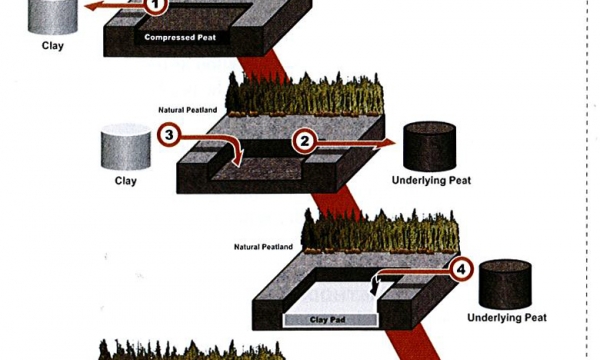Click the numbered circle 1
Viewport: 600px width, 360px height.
pyautogui.click(x=157, y=5)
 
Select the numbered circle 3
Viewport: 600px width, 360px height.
pyautogui.click(x=170, y=134)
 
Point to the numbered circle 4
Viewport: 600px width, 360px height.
pyautogui.click(x=460, y=268)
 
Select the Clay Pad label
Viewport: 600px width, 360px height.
pyautogui.click(x=330, y=321)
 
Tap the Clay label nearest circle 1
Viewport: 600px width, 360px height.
pyautogui.click(x=52, y=45)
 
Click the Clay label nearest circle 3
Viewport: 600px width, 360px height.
pyautogui.click(x=125, y=181)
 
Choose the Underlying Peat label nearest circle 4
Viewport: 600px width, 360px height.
pyautogui.click(x=507, y=318)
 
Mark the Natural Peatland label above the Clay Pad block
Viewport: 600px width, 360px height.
pyautogui.click(x=263, y=246)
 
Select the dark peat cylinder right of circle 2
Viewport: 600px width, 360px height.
pyautogui.click(x=431, y=148)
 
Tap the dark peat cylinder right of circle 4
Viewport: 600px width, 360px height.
pyautogui.click(x=508, y=284)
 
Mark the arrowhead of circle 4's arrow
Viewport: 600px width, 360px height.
pyautogui.click(x=375, y=291)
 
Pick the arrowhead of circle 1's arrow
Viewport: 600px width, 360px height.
pyautogui.click(x=87, y=7)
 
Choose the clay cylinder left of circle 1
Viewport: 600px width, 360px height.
pyautogui.click(x=51, y=15)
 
